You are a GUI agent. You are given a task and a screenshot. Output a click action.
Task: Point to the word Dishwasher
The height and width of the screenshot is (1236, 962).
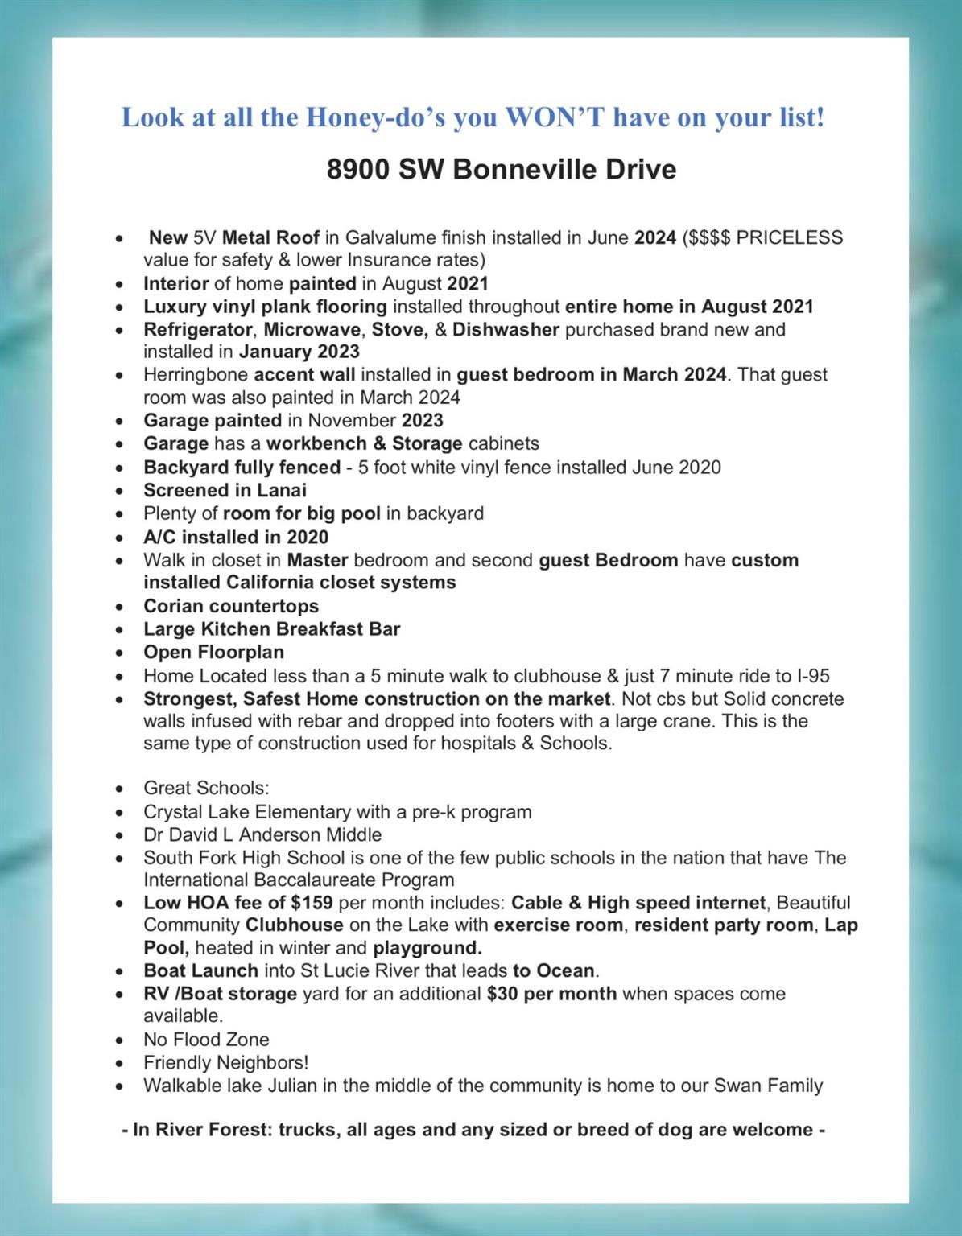tap(506, 329)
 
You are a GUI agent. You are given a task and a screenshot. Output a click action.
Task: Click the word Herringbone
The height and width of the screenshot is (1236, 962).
tap(196, 374)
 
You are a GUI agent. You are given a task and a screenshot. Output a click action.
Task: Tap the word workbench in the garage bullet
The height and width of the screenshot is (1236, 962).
tap(308, 443)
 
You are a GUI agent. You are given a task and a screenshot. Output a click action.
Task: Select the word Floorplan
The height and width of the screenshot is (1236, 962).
tap(241, 652)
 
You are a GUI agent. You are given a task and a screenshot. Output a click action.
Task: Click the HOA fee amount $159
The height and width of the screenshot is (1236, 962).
tap(312, 903)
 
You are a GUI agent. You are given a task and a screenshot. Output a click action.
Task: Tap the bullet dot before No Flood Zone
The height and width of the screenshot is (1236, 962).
tap(119, 1040)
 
